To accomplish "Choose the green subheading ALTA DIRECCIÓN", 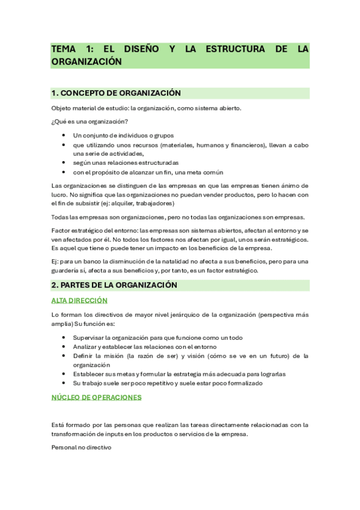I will pos(79,300).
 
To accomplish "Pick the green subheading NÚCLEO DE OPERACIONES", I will pos(96,398).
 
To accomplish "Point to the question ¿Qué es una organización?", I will pos(85,121).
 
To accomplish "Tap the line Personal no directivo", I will pos(81,448).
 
